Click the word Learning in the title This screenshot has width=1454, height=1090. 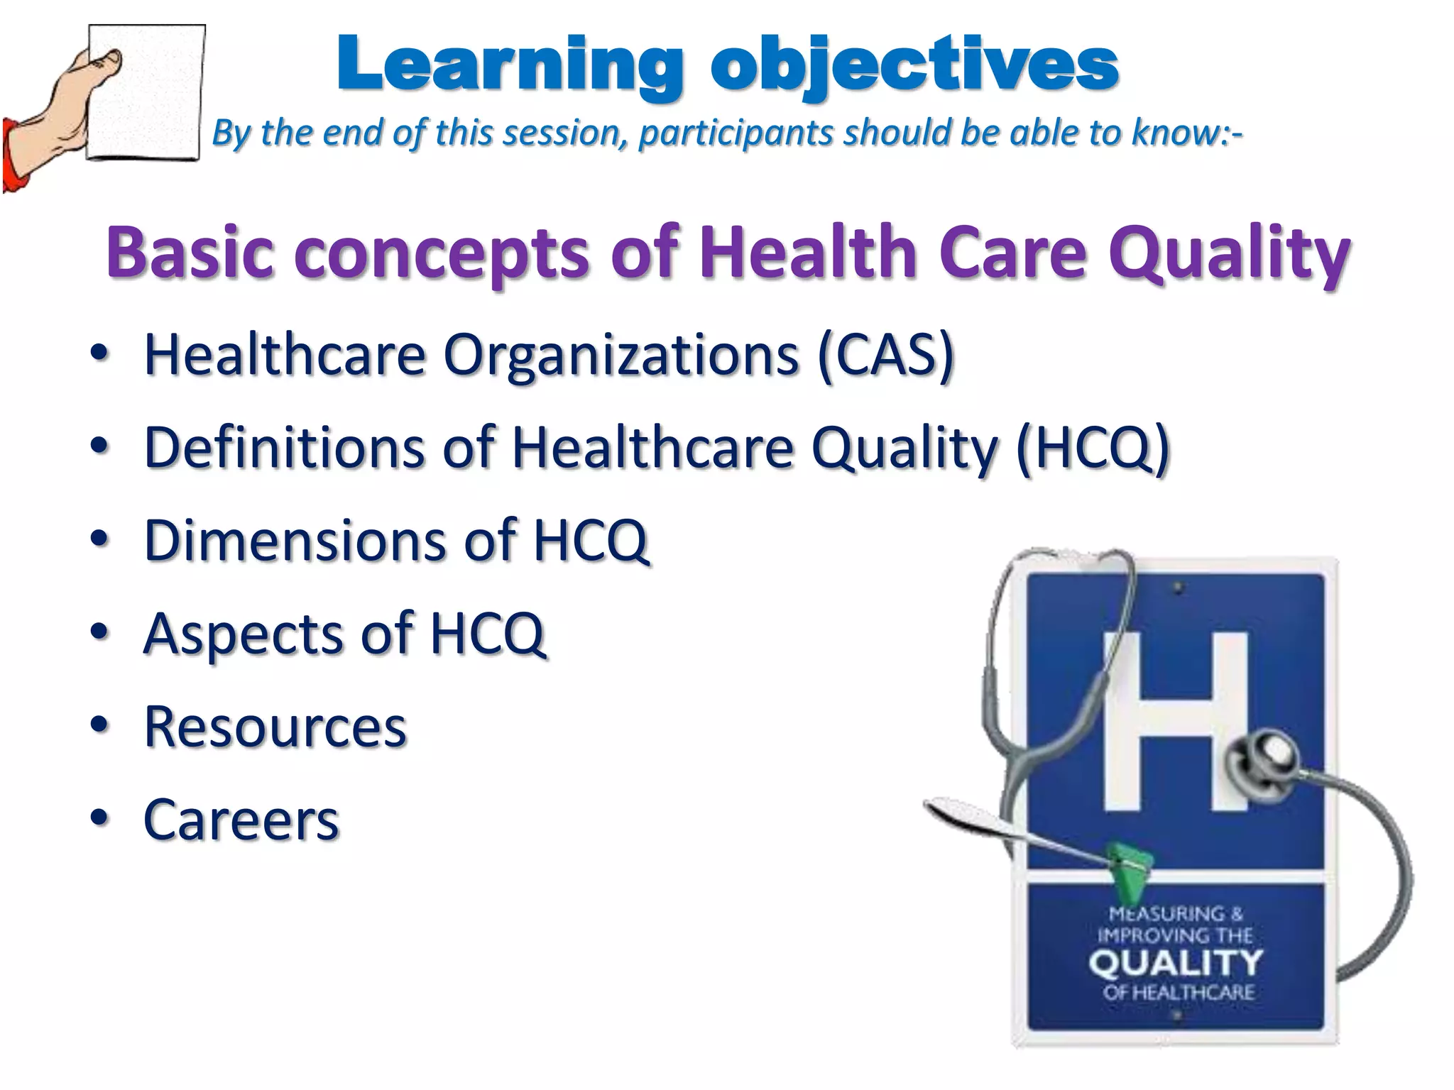click(510, 65)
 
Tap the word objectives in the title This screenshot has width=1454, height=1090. click(914, 65)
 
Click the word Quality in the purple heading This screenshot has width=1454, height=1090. click(1228, 252)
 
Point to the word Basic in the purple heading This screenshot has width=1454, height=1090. click(190, 252)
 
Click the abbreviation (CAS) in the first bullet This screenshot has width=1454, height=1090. click(885, 355)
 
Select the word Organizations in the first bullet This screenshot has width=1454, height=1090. click(621, 355)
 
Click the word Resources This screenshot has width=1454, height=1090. click(275, 727)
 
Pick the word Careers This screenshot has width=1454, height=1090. click(241, 820)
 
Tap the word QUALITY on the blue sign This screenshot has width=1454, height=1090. click(1176, 964)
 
